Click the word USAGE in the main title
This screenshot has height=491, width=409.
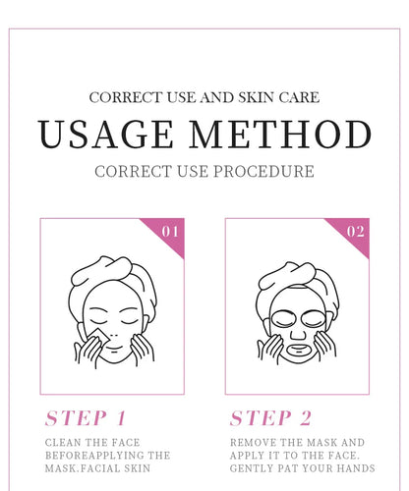pos(105,135)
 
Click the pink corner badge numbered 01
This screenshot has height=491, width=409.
pos(169,233)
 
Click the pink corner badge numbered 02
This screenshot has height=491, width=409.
pos(355,233)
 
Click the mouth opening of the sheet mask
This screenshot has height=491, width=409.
pos(297,347)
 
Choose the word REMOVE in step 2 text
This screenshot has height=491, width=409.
pos(254,443)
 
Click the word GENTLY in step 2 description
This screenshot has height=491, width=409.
pos(254,468)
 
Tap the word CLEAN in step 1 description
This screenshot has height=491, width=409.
pos(64,443)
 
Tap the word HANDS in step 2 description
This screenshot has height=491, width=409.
pos(347,468)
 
